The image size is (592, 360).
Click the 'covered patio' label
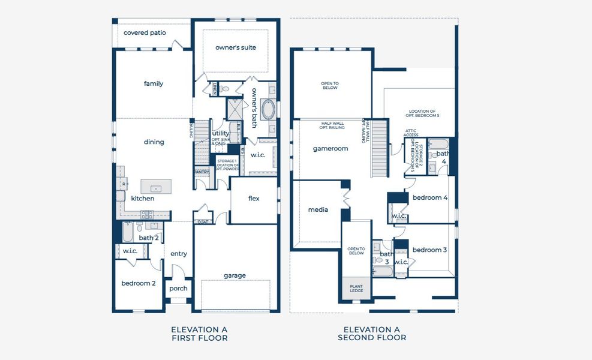pos(145,32)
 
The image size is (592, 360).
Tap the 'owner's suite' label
pos(236,47)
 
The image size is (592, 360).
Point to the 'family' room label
pos(154,83)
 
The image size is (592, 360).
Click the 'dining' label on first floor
pos(154,142)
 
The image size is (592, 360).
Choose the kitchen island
pos(156,186)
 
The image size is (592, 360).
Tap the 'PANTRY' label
pos(202,172)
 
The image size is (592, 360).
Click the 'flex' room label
pos(254,198)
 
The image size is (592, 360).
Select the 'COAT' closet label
pos(202,221)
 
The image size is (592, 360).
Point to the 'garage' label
pos(235,275)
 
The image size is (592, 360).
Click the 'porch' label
pos(178,288)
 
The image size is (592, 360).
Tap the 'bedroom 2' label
pos(139,283)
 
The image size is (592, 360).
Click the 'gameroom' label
pos(330,148)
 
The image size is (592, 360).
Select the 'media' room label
pos(318,209)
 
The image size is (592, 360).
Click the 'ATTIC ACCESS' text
pos(411,133)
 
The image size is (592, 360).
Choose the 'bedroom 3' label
pos(429,250)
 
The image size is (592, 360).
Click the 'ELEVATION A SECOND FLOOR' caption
pos(372,334)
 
